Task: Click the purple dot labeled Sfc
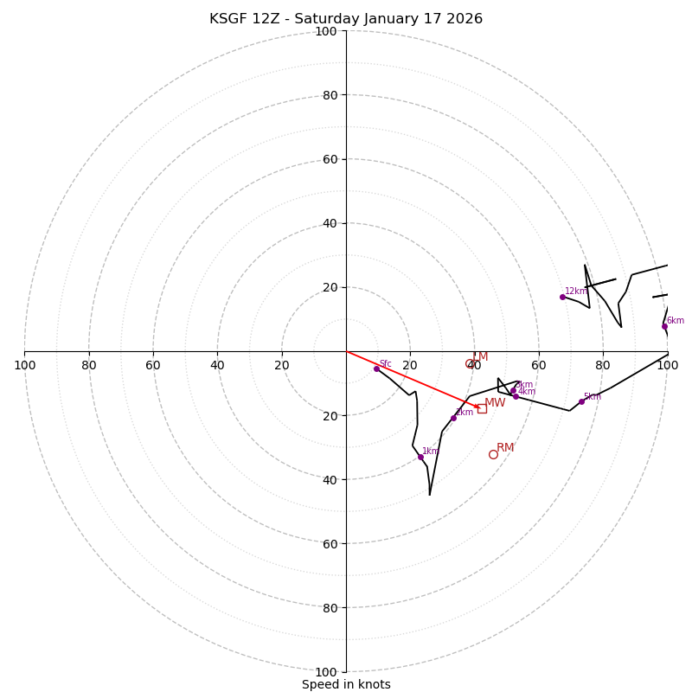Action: [376, 368]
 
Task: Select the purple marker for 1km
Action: [420, 457]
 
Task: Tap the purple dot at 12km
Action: [562, 297]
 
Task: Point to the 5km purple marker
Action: [581, 401]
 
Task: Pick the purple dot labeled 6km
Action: [664, 326]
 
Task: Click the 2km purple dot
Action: [453, 418]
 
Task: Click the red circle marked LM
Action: [470, 364]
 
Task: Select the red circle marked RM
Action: [493, 454]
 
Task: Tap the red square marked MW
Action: [482, 408]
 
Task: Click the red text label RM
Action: [505, 448]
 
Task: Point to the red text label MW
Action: [495, 403]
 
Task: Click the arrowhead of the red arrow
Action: [477, 407]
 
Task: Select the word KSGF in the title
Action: [227, 19]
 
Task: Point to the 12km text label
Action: [575, 292]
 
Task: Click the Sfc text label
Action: [385, 364]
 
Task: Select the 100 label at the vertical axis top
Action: [326, 31]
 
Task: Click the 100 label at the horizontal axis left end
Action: [25, 365]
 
